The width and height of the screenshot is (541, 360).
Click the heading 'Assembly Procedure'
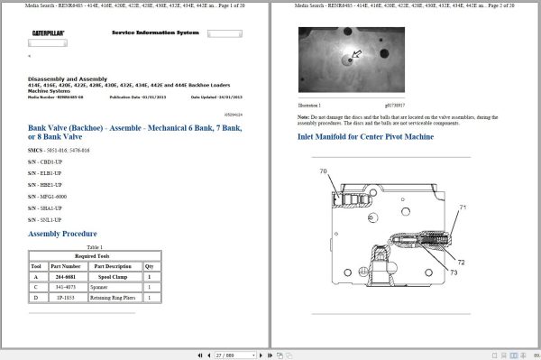click(63, 234)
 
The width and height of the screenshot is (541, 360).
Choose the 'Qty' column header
click(150, 266)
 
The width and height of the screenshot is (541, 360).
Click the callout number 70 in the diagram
click(322, 171)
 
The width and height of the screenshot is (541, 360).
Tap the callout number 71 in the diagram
click(462, 208)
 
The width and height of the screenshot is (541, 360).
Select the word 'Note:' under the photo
click(304, 117)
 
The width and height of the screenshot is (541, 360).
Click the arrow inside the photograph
click(356, 53)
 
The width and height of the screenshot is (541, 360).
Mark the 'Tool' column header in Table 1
click(37, 266)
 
